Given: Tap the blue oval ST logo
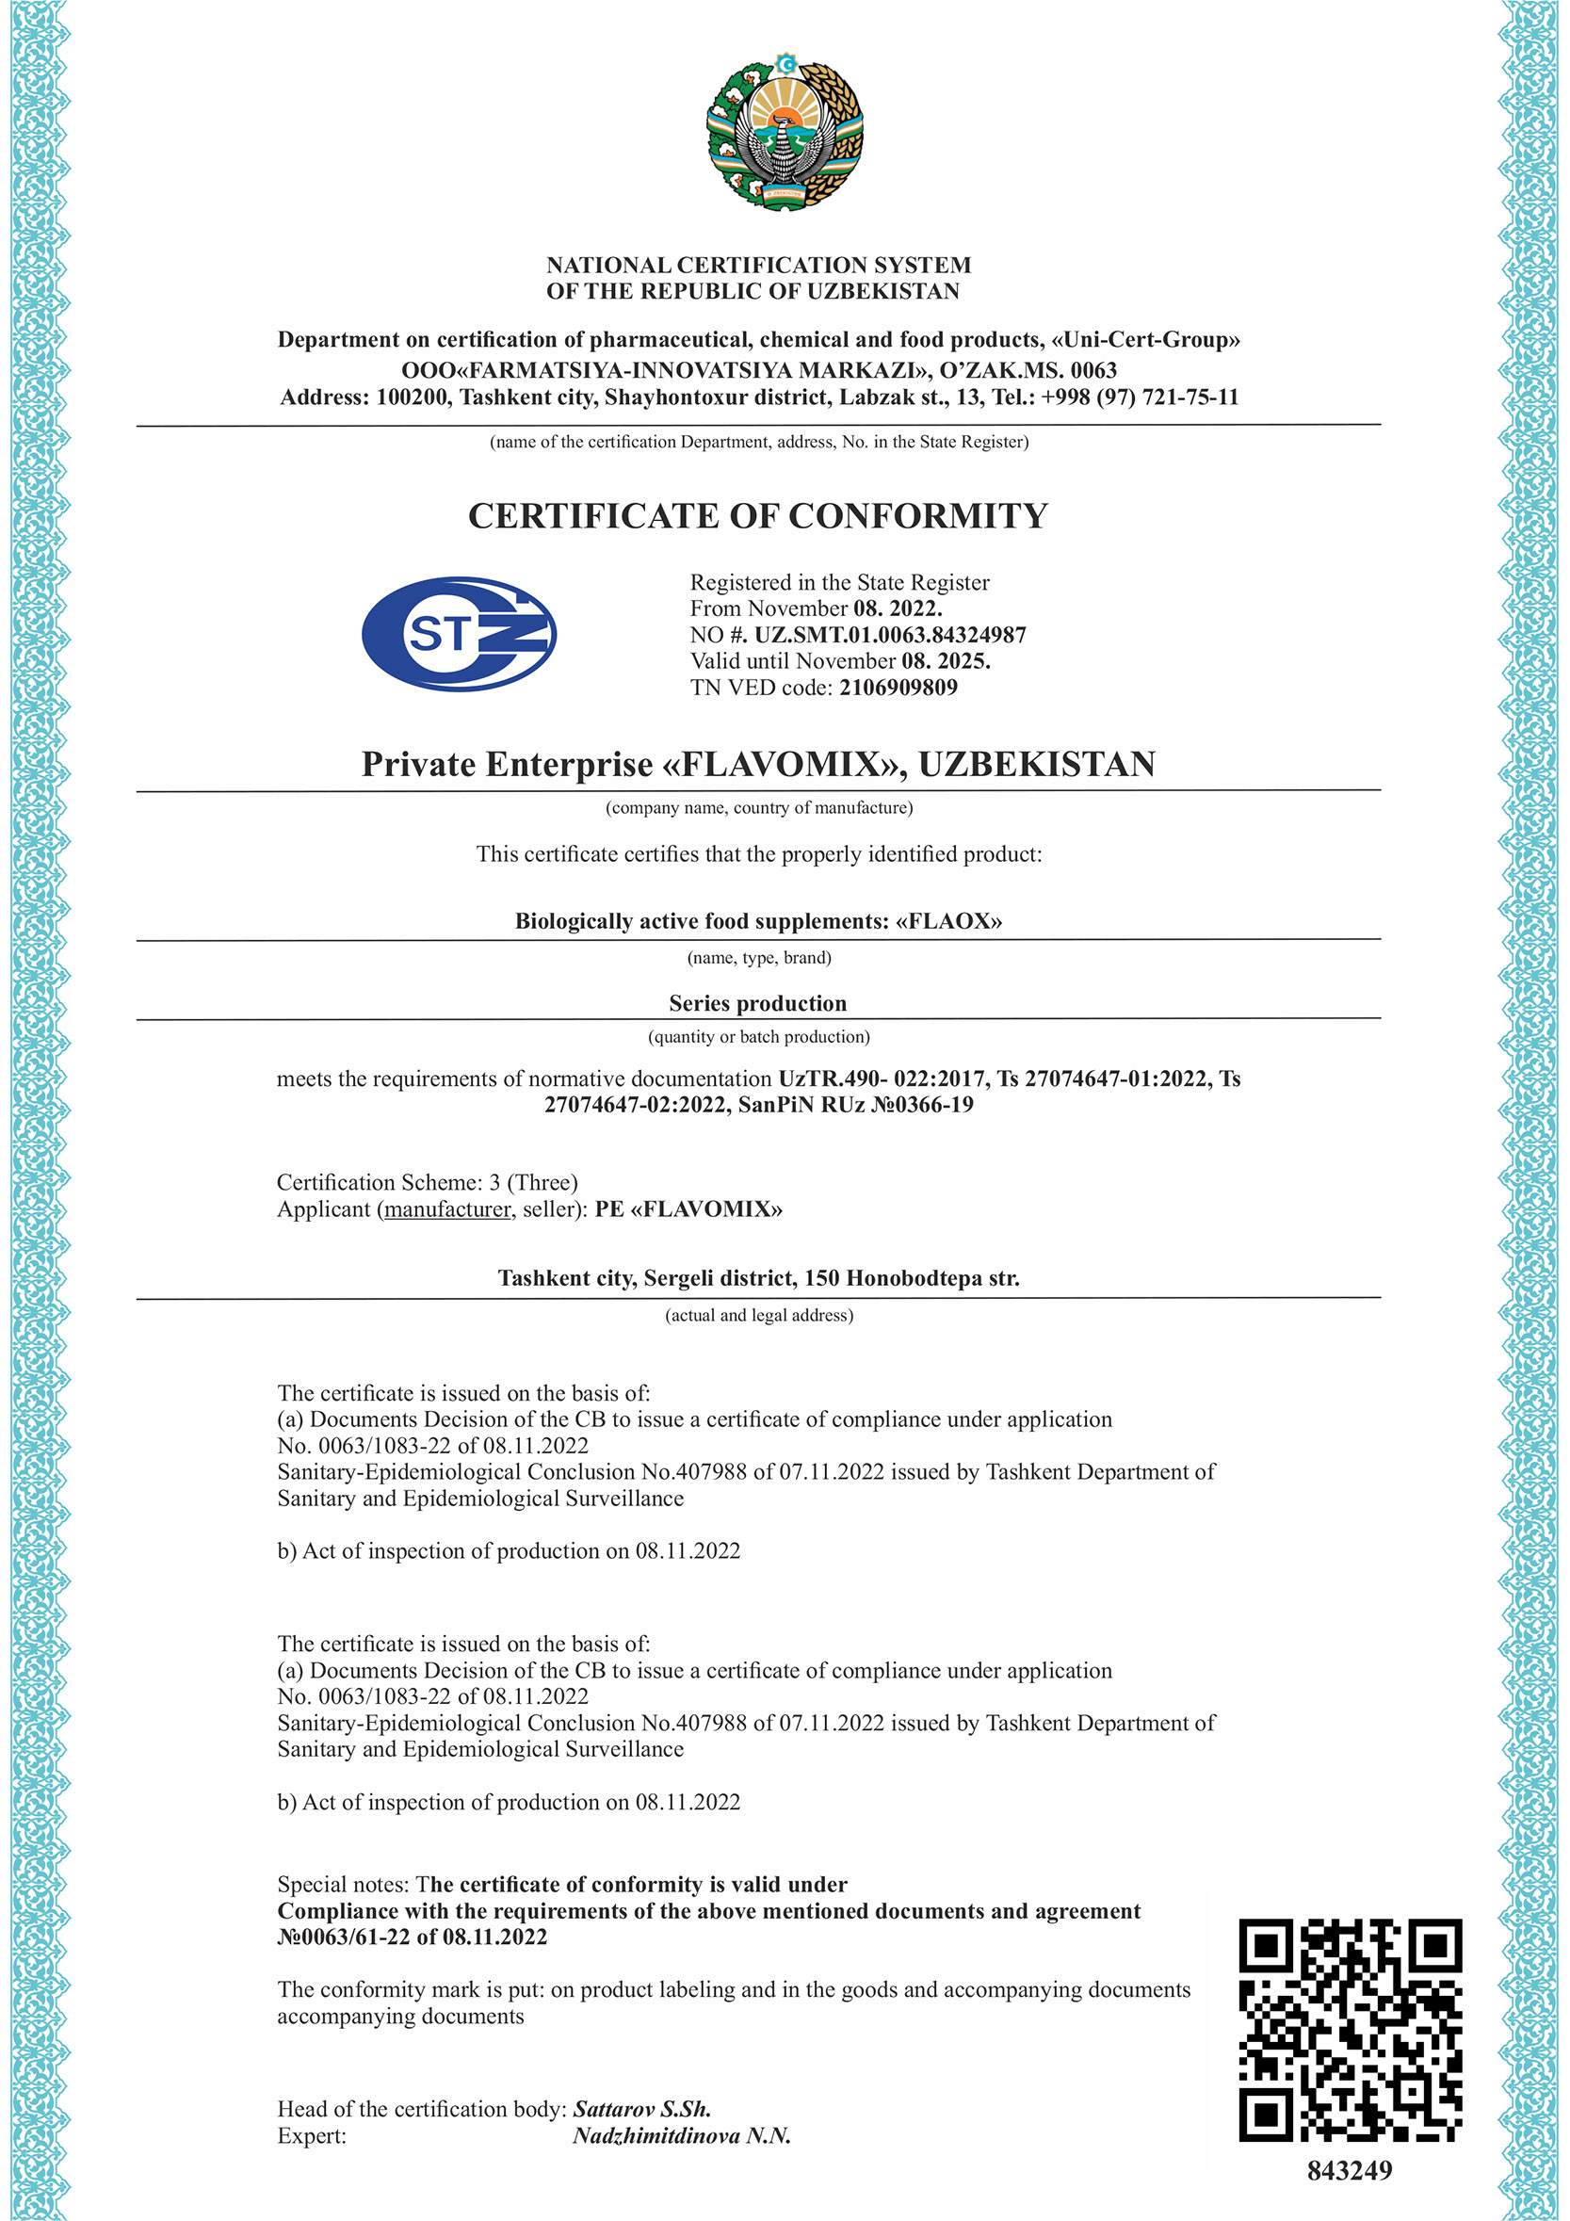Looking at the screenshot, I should tap(459, 635).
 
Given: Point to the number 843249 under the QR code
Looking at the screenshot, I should tap(1350, 2171).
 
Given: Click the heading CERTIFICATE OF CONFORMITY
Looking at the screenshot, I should tap(757, 516).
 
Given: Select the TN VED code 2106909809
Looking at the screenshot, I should tap(898, 688).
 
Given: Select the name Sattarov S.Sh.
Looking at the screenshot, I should tap(641, 2109).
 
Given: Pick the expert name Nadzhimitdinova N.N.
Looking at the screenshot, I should tap(681, 2135).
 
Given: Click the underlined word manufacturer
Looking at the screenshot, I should tap(447, 1209).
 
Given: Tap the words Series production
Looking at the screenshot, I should tap(757, 1003).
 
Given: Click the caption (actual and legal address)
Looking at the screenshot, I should tap(758, 1316).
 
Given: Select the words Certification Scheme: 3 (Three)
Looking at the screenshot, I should tap(427, 1182).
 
